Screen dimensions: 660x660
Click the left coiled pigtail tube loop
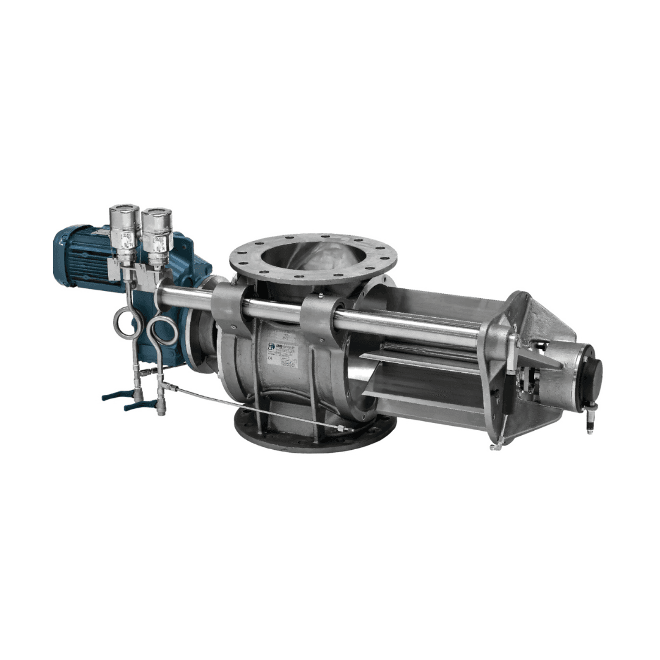pyautogui.click(x=127, y=324)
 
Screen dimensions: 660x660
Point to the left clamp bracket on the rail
pyautogui.click(x=228, y=306)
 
